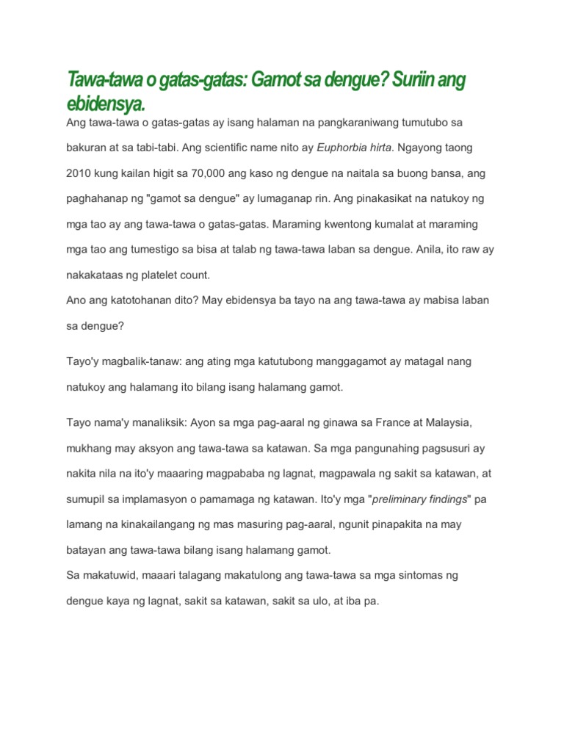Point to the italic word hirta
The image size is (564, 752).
click(380, 148)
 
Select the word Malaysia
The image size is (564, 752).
click(440, 423)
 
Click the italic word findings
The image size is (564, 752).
click(451, 499)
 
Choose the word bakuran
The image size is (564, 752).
click(87, 148)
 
